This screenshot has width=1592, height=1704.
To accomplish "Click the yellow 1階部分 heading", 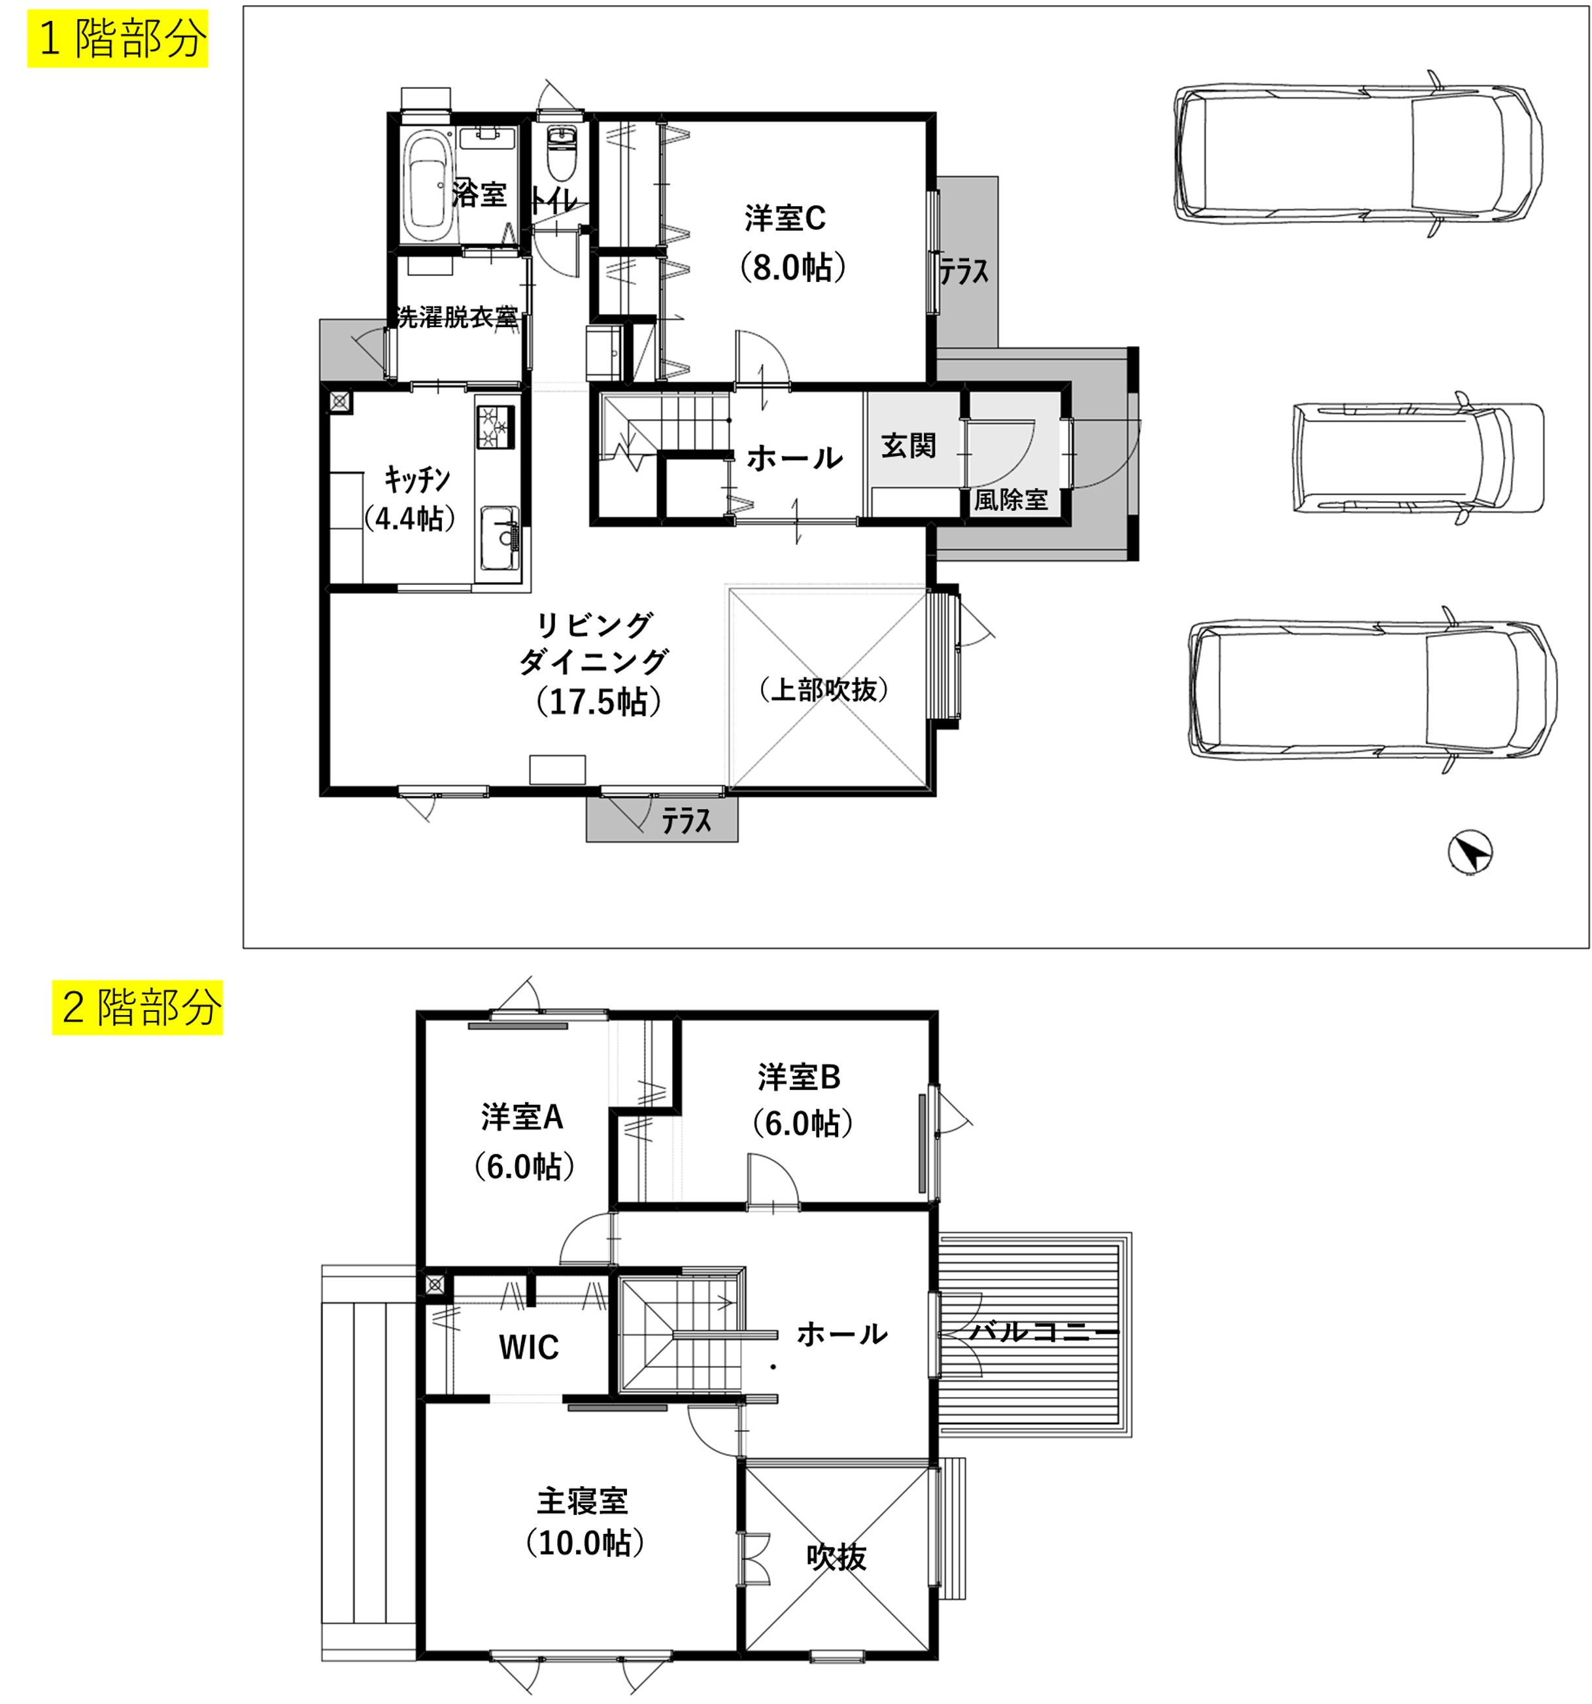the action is [x=118, y=39].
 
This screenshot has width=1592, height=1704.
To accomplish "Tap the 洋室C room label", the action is [x=784, y=218].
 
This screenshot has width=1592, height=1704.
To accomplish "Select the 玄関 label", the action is [x=908, y=445].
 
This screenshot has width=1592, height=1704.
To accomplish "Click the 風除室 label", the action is [x=1010, y=500].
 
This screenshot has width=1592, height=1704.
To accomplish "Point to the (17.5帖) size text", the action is [x=598, y=701].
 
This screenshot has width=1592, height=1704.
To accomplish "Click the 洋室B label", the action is [x=798, y=1077].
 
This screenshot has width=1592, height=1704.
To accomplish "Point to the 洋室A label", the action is [x=521, y=1117].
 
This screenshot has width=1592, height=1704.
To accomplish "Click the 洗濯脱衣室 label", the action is [x=457, y=317].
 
